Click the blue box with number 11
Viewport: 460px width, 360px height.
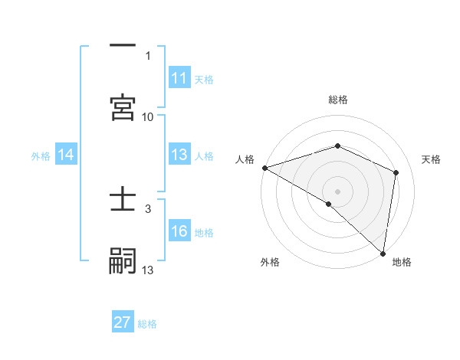pyautogui.click(x=179, y=78)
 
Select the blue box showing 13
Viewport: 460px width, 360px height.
pyautogui.click(x=179, y=155)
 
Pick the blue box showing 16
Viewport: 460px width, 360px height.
pyautogui.click(x=179, y=232)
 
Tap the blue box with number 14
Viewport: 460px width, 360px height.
pyautogui.click(x=66, y=155)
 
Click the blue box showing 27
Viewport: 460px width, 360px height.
pyautogui.click(x=123, y=322)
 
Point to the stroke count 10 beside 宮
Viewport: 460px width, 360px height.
pyautogui.click(x=148, y=117)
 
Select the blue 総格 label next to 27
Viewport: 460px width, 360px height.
pyautogui.click(x=147, y=324)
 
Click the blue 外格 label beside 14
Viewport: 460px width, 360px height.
pyautogui.click(x=41, y=156)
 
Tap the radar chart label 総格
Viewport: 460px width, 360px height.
pyautogui.click(x=338, y=100)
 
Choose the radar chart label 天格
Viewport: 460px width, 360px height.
pyautogui.click(x=432, y=159)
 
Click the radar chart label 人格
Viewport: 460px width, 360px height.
pyautogui.click(x=245, y=159)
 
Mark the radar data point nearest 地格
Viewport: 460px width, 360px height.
pyautogui.click(x=383, y=253)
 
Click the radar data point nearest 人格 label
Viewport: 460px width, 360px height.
pyautogui.click(x=264, y=168)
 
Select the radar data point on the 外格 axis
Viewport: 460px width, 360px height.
pyautogui.click(x=329, y=204)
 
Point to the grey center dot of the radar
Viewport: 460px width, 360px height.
pyautogui.click(x=338, y=191)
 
